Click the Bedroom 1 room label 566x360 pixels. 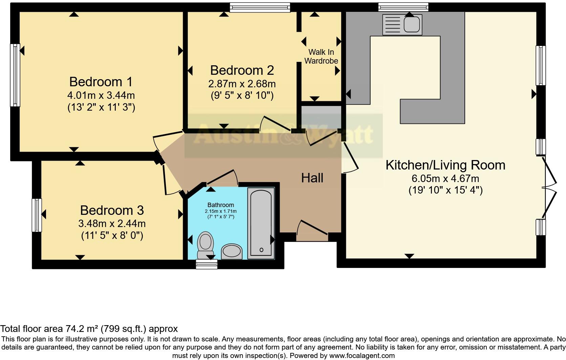pos(101,82)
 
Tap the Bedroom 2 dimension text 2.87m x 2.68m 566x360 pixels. pos(242,84)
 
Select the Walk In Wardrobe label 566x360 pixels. pos(321,57)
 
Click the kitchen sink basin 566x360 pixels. pos(412,24)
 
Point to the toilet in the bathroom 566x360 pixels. pos(205,245)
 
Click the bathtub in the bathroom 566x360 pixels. pos(261,223)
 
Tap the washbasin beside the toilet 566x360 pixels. pos(232,251)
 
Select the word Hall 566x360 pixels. pos(312,178)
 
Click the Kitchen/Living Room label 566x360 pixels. pos(445,165)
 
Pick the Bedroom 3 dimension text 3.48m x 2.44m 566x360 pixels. pos(112,224)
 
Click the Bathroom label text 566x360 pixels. pos(221,205)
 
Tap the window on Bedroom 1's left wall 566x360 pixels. pos(15,75)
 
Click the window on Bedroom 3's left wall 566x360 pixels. pos(37,215)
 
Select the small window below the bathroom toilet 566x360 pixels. pos(207,264)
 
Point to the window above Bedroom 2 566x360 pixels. pos(260,7)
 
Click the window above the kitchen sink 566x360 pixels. pos(403,7)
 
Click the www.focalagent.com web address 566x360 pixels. pos(362,356)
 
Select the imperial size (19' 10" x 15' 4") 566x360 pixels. pos(445,190)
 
